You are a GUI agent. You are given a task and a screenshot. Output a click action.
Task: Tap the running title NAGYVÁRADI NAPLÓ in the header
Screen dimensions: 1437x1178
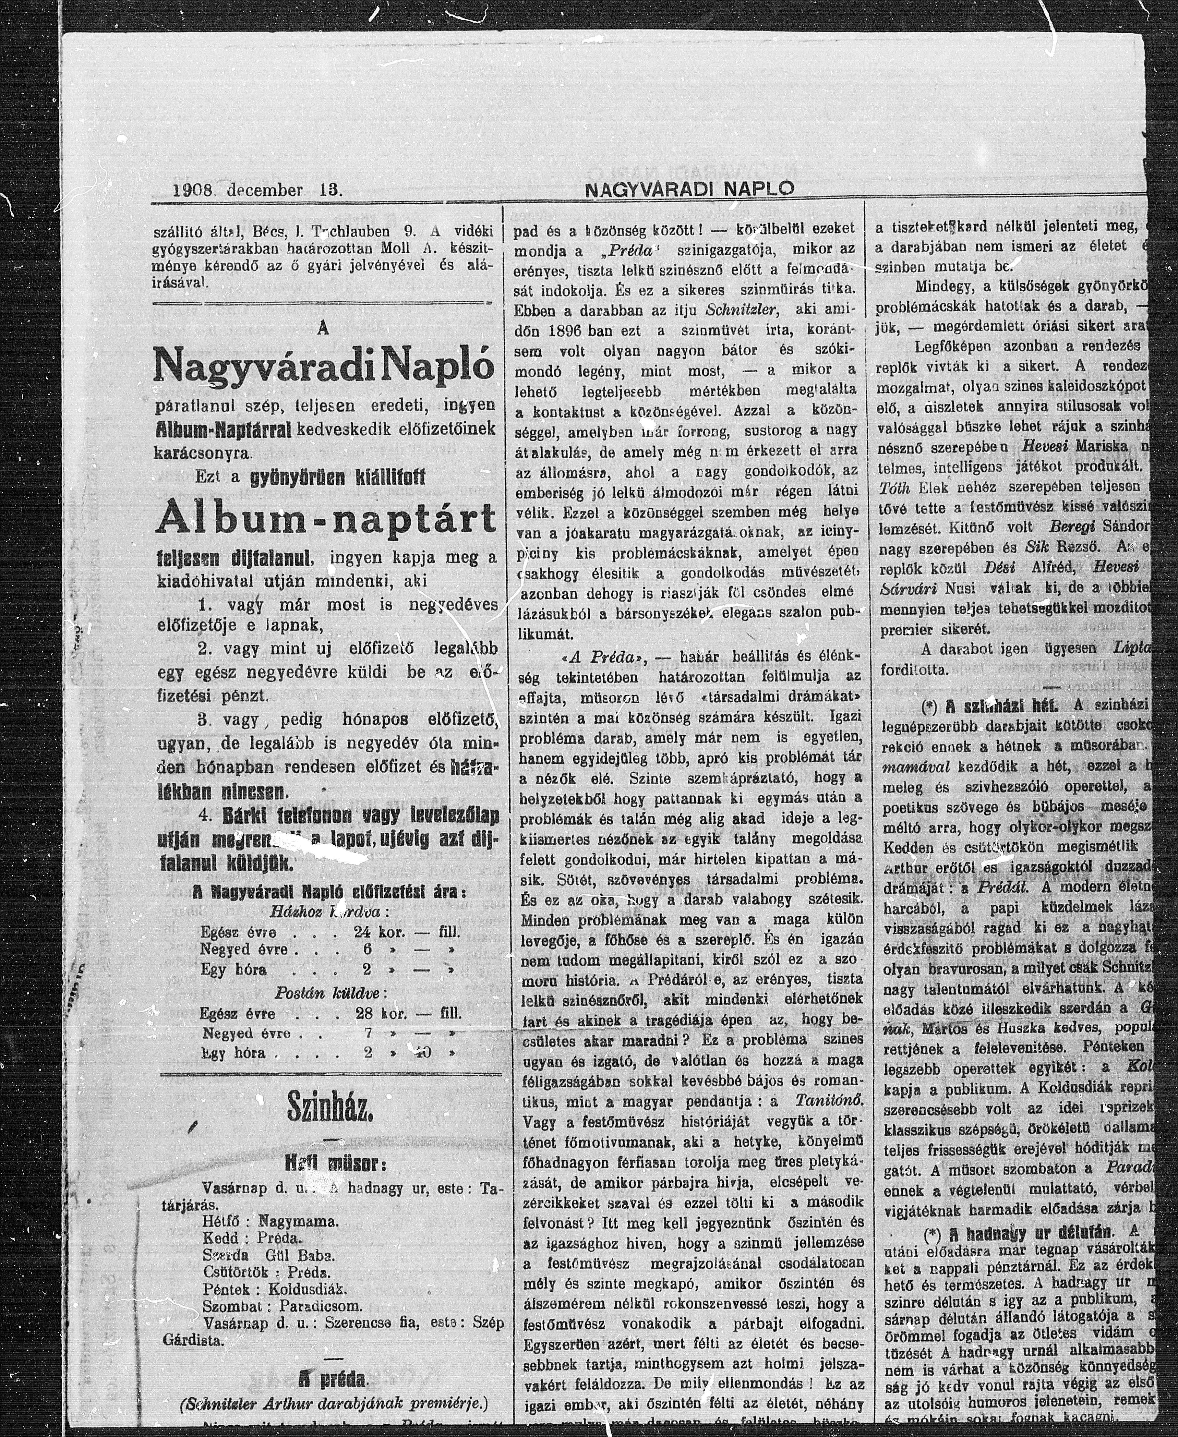coord(689,191)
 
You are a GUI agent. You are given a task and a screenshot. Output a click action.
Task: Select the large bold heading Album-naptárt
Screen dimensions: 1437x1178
coord(326,520)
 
